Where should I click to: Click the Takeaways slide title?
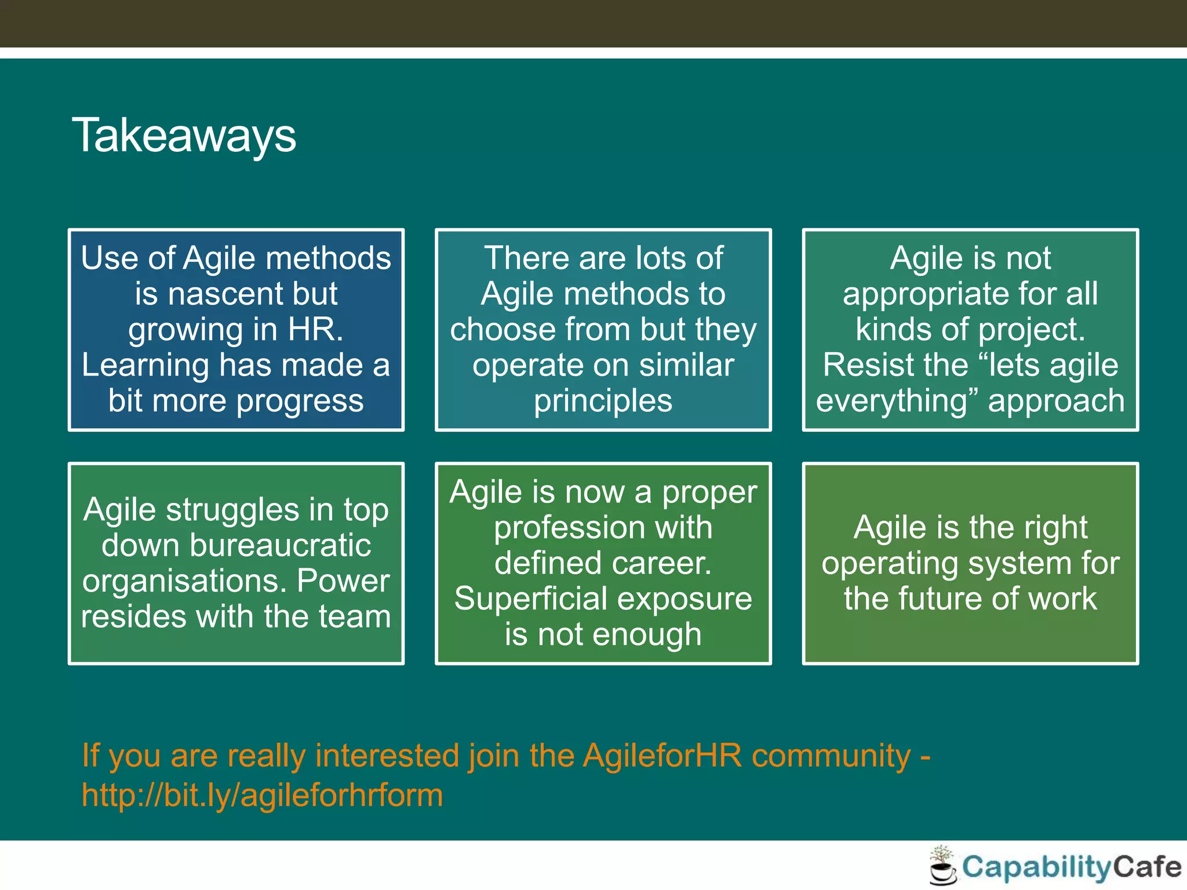184,136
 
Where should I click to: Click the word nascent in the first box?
223,294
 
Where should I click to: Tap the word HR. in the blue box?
315,329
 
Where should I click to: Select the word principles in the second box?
603,401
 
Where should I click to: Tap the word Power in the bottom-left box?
343,581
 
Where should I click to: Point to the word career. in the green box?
661,563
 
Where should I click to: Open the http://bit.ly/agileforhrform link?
262,795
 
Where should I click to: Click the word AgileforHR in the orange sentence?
662,756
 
